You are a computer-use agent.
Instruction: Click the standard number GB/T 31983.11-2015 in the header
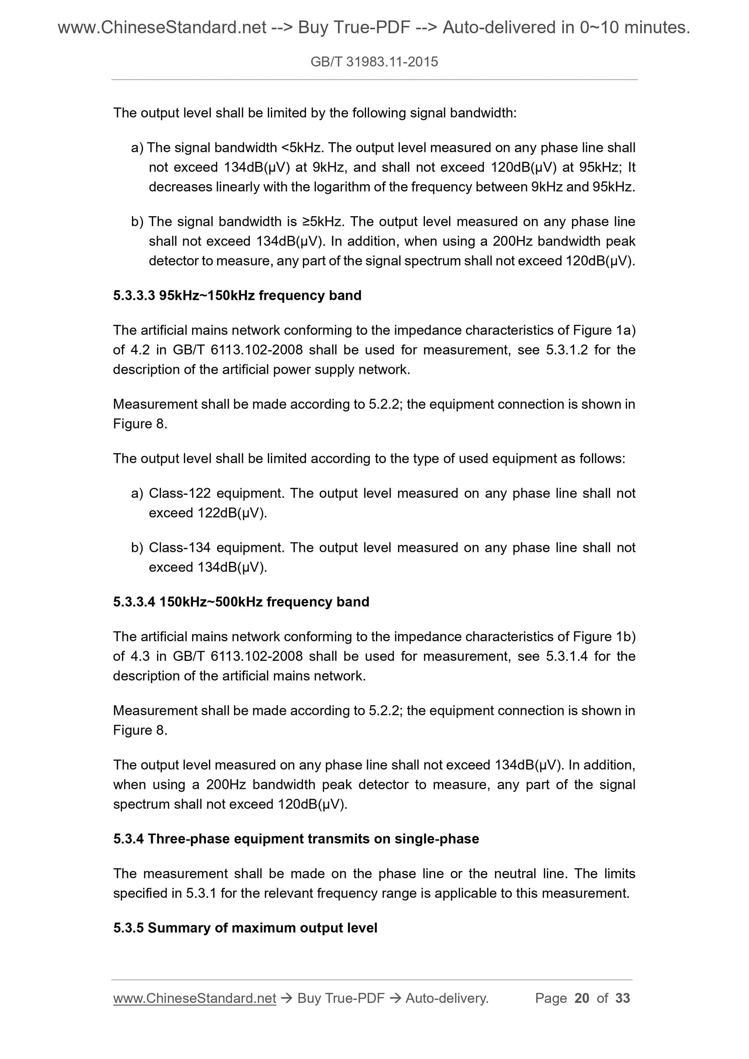point(374,62)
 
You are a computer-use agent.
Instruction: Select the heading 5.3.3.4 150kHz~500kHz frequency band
point(241,602)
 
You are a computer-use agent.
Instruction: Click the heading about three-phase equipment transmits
point(296,839)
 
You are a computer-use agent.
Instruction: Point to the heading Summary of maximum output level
point(262,927)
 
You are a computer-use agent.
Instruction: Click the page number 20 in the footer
point(582,998)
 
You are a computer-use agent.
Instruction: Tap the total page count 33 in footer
point(622,998)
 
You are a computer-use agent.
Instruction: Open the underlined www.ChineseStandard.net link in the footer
point(194,998)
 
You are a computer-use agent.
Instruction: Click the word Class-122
point(179,494)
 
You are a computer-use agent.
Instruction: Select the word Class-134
point(179,547)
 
